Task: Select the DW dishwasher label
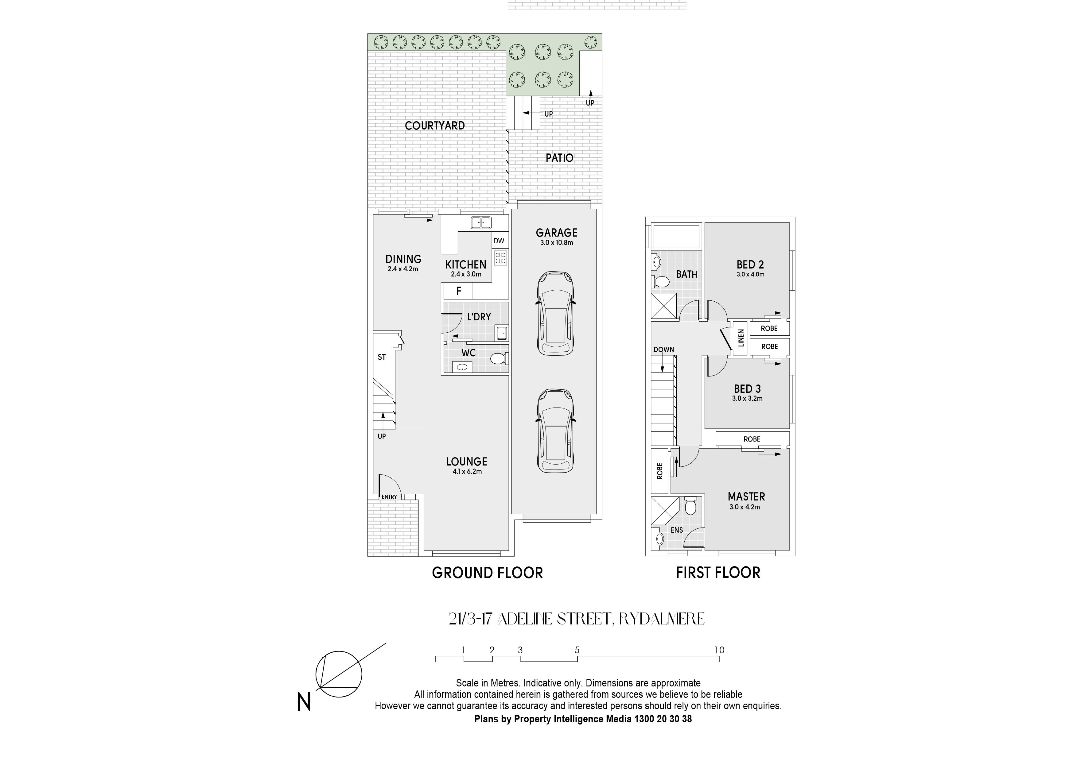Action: tap(499, 241)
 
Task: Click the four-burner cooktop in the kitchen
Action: tap(500, 258)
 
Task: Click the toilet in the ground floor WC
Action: tap(499, 359)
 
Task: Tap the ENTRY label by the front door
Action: tap(389, 496)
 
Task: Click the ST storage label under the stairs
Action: tap(382, 357)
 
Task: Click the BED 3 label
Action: tap(747, 389)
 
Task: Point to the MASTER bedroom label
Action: tap(746, 496)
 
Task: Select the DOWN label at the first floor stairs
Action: tap(664, 349)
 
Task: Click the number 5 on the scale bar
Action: tap(577, 650)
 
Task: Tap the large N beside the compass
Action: tap(304, 702)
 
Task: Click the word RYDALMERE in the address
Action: tap(661, 619)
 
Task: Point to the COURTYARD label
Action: tap(435, 126)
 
